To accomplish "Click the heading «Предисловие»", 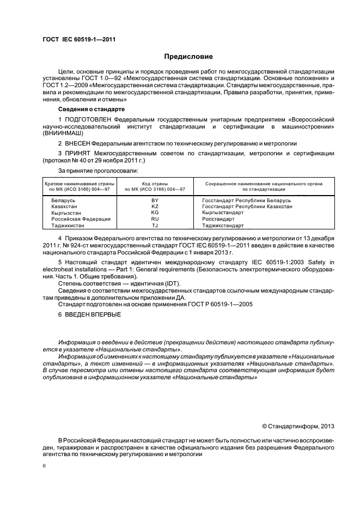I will (x=188, y=57).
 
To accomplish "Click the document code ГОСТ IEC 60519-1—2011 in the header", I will (x=78, y=39).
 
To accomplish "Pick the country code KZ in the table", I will (x=155, y=207).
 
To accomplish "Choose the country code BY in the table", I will (x=155, y=201).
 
